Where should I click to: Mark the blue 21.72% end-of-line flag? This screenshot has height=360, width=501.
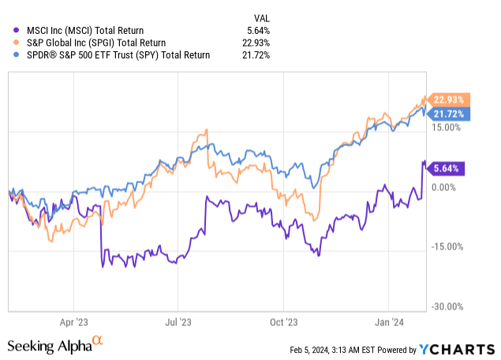pos(448,114)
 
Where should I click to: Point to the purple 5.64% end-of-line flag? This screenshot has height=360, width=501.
pos(448,167)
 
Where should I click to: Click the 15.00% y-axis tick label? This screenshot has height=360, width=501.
pos(447,127)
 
